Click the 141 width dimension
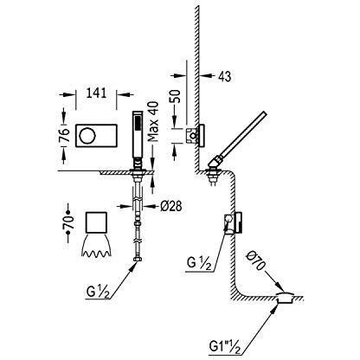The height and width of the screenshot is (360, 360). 96,93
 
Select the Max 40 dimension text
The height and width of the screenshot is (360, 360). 154,121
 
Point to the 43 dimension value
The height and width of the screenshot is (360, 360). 225,76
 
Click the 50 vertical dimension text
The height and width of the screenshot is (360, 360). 175,96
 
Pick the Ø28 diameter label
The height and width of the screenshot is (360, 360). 170,206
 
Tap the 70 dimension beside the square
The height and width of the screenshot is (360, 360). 68,222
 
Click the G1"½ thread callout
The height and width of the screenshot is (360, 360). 223,344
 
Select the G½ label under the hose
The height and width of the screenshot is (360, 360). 98,292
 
